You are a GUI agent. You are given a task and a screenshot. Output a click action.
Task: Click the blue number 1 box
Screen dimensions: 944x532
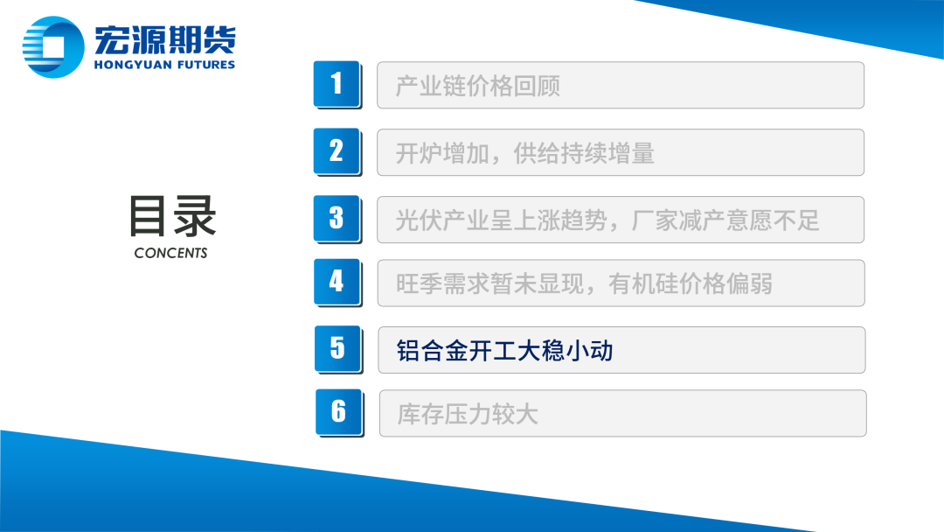(337, 84)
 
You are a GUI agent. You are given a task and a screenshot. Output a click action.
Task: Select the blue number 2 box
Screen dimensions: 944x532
(337, 151)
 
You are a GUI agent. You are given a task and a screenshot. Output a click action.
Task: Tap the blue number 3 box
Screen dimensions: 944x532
(337, 218)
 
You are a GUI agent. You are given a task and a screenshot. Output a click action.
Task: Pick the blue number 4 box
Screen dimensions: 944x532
(337, 282)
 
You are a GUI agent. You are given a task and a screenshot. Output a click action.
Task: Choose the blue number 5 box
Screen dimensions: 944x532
(337, 349)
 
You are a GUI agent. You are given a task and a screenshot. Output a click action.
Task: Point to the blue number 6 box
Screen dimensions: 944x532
(339, 412)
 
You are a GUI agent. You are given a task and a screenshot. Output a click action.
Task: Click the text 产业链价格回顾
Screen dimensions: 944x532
(478, 86)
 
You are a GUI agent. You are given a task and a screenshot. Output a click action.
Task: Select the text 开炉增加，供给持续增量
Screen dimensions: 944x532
(525, 154)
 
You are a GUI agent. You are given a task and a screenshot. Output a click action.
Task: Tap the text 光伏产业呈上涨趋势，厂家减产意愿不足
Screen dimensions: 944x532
(607, 220)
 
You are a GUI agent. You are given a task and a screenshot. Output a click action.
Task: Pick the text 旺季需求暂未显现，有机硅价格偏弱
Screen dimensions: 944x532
(584, 283)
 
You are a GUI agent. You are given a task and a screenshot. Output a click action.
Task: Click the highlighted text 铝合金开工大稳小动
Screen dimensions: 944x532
(504, 351)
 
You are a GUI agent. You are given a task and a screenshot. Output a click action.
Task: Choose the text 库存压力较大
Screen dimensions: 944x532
(467, 415)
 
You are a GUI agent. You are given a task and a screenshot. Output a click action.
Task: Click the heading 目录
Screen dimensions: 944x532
(172, 216)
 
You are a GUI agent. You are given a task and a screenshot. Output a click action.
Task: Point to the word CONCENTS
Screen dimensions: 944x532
(171, 253)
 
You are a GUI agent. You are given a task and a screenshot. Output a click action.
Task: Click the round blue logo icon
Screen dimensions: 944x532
(53, 47)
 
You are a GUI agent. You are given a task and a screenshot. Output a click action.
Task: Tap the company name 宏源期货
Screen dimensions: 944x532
(165, 39)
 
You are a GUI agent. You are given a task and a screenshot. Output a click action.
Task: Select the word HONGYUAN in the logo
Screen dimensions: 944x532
(133, 65)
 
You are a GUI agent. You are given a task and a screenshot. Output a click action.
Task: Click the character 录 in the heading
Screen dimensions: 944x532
(195, 216)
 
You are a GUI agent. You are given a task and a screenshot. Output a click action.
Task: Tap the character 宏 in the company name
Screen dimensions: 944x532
(111, 39)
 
